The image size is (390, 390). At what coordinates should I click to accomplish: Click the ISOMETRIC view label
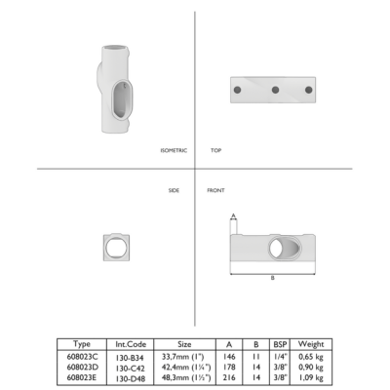click(174, 150)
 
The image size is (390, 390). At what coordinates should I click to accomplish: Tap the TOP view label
click(215, 150)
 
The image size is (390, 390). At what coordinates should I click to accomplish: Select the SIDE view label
click(174, 190)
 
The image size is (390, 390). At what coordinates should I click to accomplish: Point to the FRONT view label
click(215, 190)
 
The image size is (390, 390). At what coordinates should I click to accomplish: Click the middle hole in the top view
click(275, 90)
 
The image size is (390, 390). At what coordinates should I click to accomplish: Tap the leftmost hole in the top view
click(237, 90)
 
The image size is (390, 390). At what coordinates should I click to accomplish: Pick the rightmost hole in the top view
click(308, 90)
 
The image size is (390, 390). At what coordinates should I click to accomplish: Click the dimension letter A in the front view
click(233, 215)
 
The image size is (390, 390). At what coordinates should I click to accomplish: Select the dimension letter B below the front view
click(273, 278)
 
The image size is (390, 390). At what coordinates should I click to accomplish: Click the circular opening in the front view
click(277, 249)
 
